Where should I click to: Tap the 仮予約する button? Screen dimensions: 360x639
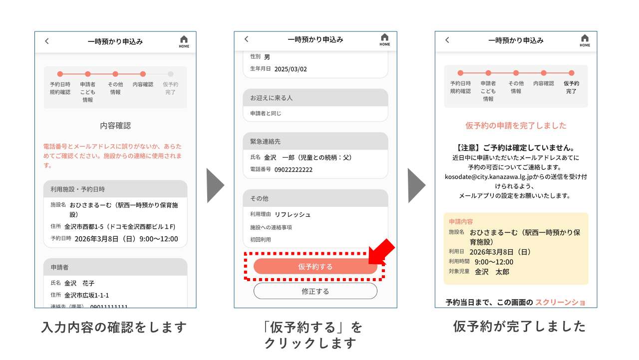[x=315, y=267]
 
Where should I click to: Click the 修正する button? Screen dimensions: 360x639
[x=315, y=291]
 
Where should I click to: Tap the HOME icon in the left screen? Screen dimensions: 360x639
[x=184, y=41]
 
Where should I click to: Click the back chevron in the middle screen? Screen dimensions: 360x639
[x=246, y=39]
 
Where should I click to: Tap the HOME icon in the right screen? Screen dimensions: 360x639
[x=585, y=40]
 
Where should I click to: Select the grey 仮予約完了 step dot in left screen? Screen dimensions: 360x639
[x=171, y=74]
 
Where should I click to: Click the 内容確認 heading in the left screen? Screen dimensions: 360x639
[x=115, y=126]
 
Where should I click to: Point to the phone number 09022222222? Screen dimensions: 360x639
[x=294, y=170]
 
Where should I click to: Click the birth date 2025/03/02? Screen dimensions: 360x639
[x=291, y=69]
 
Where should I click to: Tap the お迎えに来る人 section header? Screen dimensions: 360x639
[x=272, y=98]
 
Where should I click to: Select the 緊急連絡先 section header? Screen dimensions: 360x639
[x=265, y=141]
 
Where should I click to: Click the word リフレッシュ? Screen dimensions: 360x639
[x=293, y=215]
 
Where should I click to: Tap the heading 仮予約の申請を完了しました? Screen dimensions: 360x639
[x=516, y=126]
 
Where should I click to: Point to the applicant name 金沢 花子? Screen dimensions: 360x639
[x=79, y=283]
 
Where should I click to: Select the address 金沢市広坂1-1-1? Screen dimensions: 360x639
[x=87, y=295]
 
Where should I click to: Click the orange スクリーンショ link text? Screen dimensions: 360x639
[x=560, y=302]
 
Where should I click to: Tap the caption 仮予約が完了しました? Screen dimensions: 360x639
[x=519, y=327]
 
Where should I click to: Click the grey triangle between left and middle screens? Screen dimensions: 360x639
[x=215, y=185]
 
